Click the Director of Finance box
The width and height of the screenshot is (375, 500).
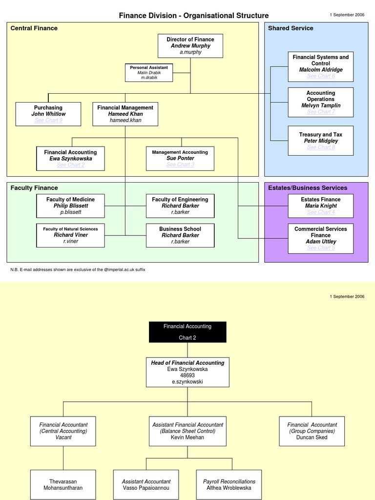190,46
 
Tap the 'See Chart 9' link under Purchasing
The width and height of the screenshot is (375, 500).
48,120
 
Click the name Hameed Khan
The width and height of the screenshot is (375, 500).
125,114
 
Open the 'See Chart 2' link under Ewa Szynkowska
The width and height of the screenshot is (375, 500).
70,165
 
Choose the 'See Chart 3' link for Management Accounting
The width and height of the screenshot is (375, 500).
180,165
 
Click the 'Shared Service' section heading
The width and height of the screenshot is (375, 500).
291,28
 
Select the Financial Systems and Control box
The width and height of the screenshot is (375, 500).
320,66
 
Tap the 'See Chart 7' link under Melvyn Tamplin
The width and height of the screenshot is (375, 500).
321,112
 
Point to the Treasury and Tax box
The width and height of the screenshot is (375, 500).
321,141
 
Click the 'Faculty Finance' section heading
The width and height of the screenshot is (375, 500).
34,188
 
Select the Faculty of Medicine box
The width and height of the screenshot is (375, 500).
70,206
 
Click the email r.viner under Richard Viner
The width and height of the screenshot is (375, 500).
70,241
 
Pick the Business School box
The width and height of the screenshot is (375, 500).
180,235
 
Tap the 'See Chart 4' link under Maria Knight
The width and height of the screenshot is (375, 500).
321,212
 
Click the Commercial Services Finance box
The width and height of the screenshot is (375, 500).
321,238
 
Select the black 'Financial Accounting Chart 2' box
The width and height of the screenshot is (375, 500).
187,332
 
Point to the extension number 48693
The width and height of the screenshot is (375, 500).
187,375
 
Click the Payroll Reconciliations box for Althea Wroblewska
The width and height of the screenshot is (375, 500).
229,484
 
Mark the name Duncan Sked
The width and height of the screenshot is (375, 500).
312,437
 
